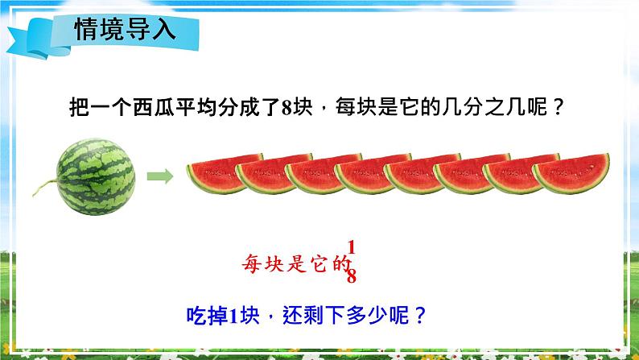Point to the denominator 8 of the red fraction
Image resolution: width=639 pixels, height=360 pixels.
(x=351, y=276)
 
